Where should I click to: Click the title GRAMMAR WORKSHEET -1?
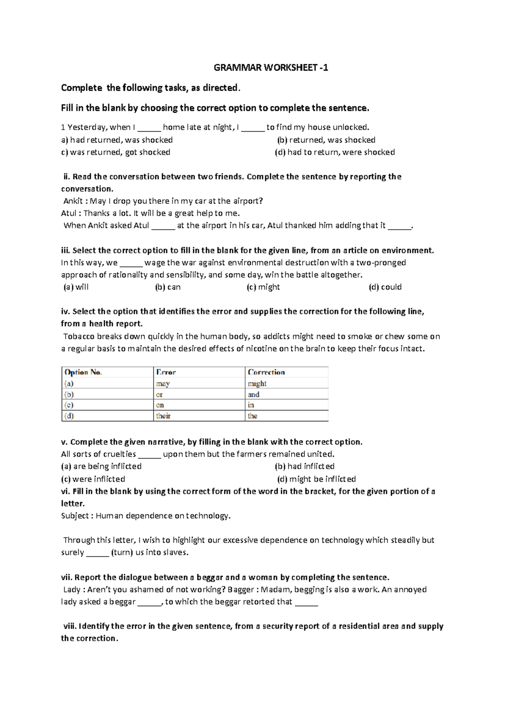click(x=271, y=68)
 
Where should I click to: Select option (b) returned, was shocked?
click(x=326, y=140)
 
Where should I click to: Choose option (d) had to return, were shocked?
click(x=335, y=152)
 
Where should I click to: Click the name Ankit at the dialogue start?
click(x=73, y=201)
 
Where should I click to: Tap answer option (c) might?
click(x=263, y=287)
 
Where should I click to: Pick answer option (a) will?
click(x=76, y=287)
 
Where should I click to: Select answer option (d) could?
click(x=385, y=287)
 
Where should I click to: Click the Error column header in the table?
click(x=166, y=372)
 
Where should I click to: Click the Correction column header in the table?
click(x=266, y=372)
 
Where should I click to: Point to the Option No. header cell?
click(x=83, y=372)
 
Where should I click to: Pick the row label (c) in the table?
click(x=69, y=405)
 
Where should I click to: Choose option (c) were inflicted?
click(x=93, y=479)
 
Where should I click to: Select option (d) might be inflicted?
click(x=316, y=479)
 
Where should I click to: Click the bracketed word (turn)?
click(x=122, y=552)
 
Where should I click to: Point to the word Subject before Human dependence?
click(x=74, y=516)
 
